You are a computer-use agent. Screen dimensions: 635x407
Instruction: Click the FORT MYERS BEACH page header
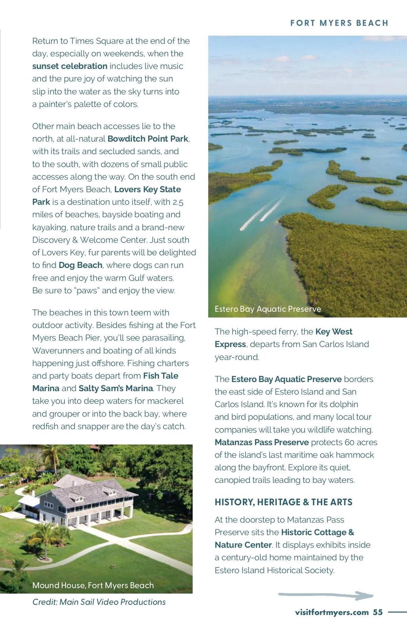coord(339,23)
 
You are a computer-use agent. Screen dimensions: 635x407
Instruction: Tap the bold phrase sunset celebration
coord(70,66)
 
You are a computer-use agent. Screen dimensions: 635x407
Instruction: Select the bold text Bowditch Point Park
coord(148,139)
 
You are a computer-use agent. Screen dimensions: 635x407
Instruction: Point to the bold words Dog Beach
coord(80,265)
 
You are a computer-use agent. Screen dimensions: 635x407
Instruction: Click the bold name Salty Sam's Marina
coord(116,388)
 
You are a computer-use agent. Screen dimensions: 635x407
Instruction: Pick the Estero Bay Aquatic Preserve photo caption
coord(268,309)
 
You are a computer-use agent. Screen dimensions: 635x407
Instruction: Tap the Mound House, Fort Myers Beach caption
coord(93,585)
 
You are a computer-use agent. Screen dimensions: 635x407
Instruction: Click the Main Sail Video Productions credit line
coord(99,602)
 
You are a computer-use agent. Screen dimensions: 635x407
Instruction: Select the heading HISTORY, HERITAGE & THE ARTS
coord(283,502)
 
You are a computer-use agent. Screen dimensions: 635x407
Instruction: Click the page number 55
coord(378,612)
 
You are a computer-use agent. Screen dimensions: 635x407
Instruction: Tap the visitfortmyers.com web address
coord(332,612)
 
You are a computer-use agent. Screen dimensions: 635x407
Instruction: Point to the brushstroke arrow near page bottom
coord(326,595)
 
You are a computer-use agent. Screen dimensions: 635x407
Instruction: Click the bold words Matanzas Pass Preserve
coord(261,442)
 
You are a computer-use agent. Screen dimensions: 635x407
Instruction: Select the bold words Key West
coord(334,332)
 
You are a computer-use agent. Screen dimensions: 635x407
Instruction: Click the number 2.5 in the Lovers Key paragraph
coord(178,202)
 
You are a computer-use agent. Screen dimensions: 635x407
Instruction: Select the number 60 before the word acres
coord(349,442)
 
